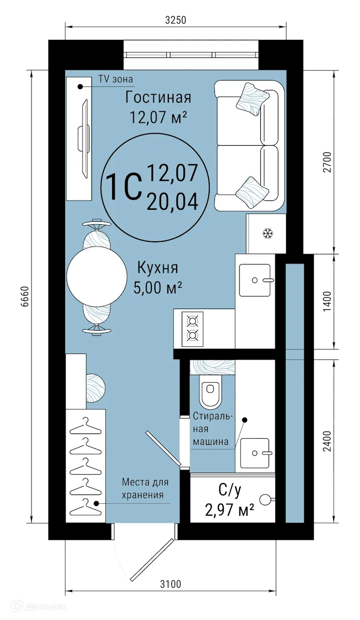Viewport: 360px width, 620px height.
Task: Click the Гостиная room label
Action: point(158,97)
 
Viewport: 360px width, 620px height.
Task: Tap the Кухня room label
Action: point(158,268)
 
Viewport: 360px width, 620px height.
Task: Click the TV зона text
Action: point(116,79)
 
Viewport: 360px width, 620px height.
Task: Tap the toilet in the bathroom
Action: point(211,393)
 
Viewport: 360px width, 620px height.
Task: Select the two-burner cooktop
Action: point(193,329)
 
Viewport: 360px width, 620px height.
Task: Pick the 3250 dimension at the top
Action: point(175,20)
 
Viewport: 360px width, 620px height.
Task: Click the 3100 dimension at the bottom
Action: point(170,584)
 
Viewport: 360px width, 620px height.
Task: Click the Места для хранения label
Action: point(145,488)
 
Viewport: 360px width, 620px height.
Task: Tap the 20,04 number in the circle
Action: point(173,199)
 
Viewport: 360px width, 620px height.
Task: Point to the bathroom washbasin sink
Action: point(255,452)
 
